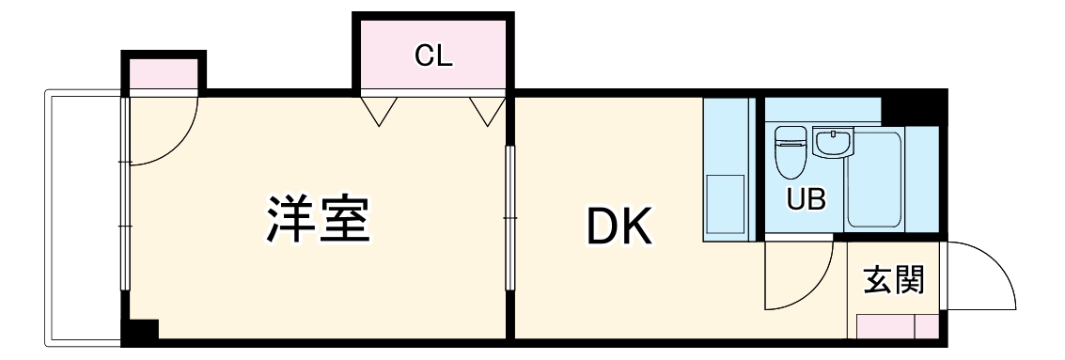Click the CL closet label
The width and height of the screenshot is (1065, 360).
433,56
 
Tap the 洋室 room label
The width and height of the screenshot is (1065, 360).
316,218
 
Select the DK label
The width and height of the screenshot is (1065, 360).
618,226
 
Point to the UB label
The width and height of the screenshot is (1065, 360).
806,198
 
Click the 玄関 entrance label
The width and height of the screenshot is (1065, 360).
893,280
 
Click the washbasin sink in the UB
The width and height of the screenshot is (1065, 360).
832,143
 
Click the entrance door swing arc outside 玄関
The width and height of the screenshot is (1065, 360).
982,277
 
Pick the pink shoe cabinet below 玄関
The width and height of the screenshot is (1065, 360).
898,326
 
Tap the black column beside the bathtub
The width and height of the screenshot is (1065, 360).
914,107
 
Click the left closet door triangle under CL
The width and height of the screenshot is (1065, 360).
379,110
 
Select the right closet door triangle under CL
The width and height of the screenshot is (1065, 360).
487,110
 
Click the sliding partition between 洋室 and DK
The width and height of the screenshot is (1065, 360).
509,218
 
